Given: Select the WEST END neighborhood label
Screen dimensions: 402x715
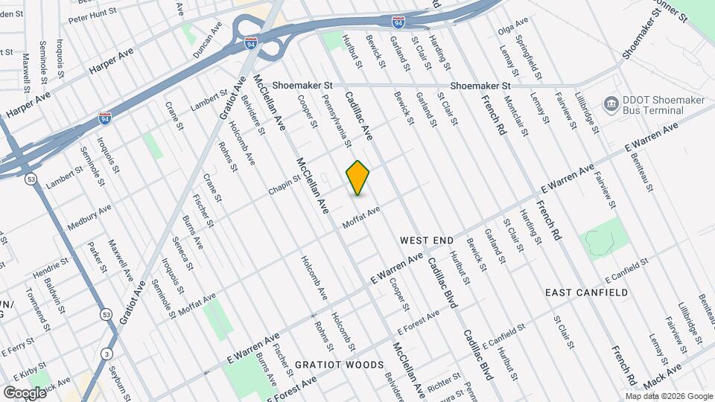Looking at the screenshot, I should (427, 240).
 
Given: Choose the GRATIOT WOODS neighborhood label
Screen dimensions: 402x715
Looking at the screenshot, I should (339, 365).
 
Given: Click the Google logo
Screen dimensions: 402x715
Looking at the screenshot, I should (25, 392).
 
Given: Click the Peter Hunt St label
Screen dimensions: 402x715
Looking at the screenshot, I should (92, 13).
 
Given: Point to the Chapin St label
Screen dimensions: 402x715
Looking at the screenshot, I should (284, 187).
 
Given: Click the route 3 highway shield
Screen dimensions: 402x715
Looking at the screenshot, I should (108, 353).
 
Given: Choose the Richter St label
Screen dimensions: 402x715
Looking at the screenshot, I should (442, 382).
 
